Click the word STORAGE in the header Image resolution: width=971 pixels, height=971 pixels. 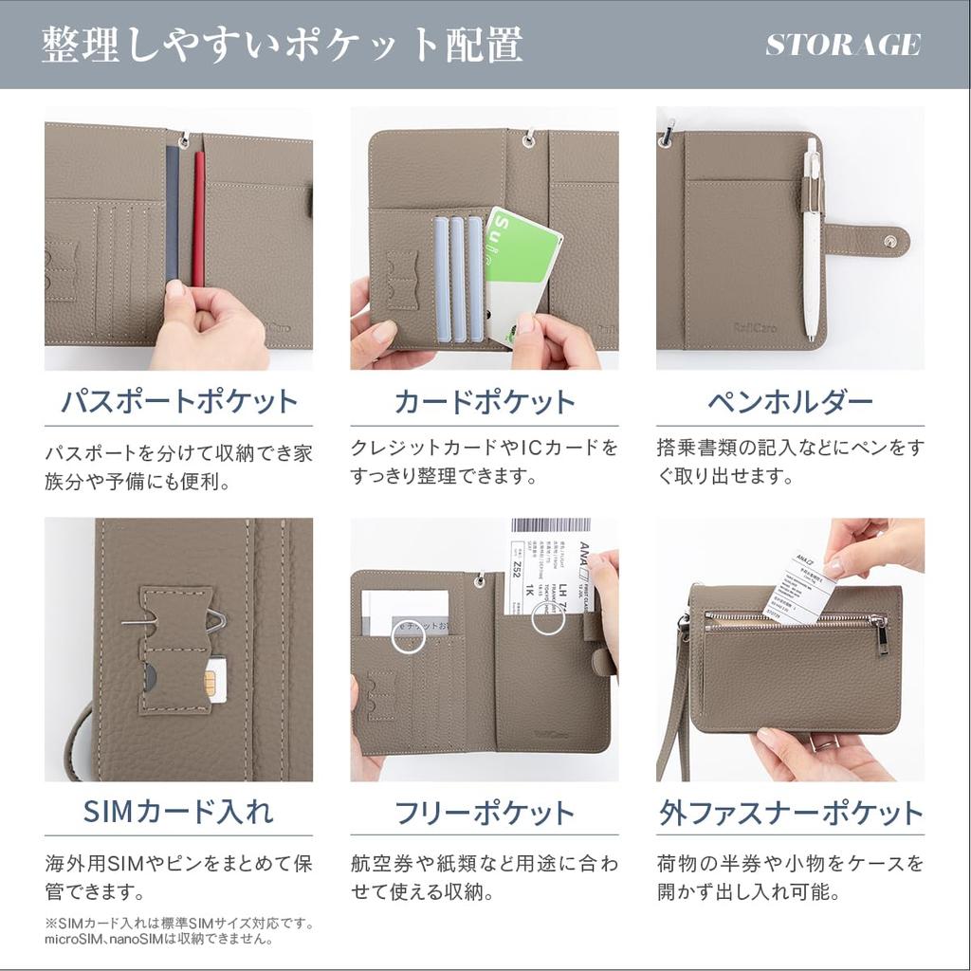pos(842,45)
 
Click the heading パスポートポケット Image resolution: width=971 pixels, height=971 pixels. pos(178,401)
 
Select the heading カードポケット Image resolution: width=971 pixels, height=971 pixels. pos(484,401)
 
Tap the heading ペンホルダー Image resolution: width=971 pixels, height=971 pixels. pos(790,401)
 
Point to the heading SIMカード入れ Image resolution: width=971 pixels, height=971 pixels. pos(178,812)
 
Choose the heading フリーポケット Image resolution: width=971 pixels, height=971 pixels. pos(484,813)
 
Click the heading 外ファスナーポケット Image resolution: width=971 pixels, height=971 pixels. pos(790,813)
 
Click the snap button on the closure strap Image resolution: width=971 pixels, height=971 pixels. pos(889,241)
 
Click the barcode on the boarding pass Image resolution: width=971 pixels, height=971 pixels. pos(550,525)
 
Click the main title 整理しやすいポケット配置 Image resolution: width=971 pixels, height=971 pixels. pos(282,45)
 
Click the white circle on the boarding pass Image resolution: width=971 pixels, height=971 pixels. pos(547,617)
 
